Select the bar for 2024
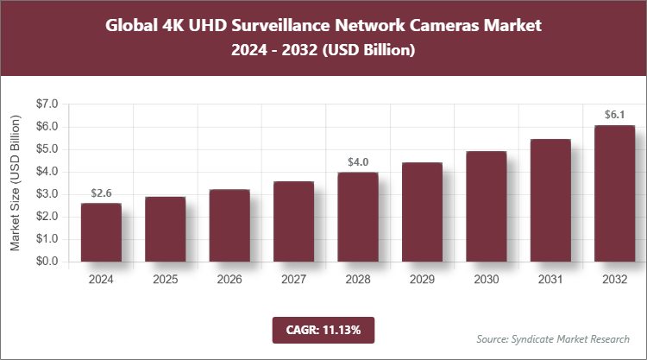[101, 233]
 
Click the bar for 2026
[229, 226]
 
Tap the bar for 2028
[357, 218]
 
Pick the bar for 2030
[486, 207]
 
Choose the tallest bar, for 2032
[614, 194]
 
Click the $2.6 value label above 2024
[101, 193]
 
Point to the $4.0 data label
[357, 161]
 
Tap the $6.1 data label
[614, 114]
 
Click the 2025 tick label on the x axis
[165, 280]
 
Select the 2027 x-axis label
[293, 280]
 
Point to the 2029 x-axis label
[422, 280]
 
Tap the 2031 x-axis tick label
[550, 280]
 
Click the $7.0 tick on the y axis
[45, 104]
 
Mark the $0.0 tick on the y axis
[45, 262]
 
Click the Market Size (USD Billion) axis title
[15, 183]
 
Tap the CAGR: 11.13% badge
[323, 329]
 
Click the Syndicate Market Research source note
[553, 338]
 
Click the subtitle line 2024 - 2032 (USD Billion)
[323, 51]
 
